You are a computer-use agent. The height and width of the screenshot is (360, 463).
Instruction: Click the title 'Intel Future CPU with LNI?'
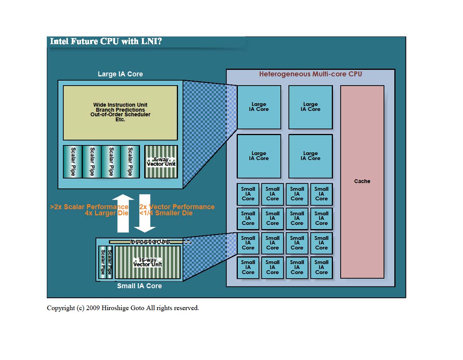106,41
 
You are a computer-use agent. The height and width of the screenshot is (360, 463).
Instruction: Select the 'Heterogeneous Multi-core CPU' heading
310,74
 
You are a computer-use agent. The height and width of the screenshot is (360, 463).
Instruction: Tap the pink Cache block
362,182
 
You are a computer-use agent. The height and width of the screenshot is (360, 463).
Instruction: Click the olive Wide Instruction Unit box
120,112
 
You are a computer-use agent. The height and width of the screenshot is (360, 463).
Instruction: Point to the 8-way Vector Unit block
161,162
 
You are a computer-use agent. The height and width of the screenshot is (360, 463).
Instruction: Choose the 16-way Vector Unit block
148,262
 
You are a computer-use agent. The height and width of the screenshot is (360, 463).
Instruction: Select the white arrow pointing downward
145,213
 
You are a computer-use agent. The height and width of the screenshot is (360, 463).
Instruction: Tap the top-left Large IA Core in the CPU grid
259,107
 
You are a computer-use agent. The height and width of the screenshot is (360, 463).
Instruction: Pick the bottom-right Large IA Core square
310,156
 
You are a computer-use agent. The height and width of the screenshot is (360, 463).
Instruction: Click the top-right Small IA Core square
321,194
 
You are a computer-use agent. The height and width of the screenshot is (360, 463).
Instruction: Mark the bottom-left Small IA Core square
248,268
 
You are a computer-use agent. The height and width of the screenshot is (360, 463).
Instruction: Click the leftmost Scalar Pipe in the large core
73,162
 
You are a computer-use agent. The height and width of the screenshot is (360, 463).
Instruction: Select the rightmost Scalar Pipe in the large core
130,162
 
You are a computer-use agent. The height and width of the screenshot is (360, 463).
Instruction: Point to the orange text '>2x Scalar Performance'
89,207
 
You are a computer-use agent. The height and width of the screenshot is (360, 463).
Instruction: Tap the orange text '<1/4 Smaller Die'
166,213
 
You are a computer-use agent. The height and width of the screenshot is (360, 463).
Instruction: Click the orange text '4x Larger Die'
107,213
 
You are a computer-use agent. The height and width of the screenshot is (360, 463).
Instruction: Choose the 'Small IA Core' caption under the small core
139,286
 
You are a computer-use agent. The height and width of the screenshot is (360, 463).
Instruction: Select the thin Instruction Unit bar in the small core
150,242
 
